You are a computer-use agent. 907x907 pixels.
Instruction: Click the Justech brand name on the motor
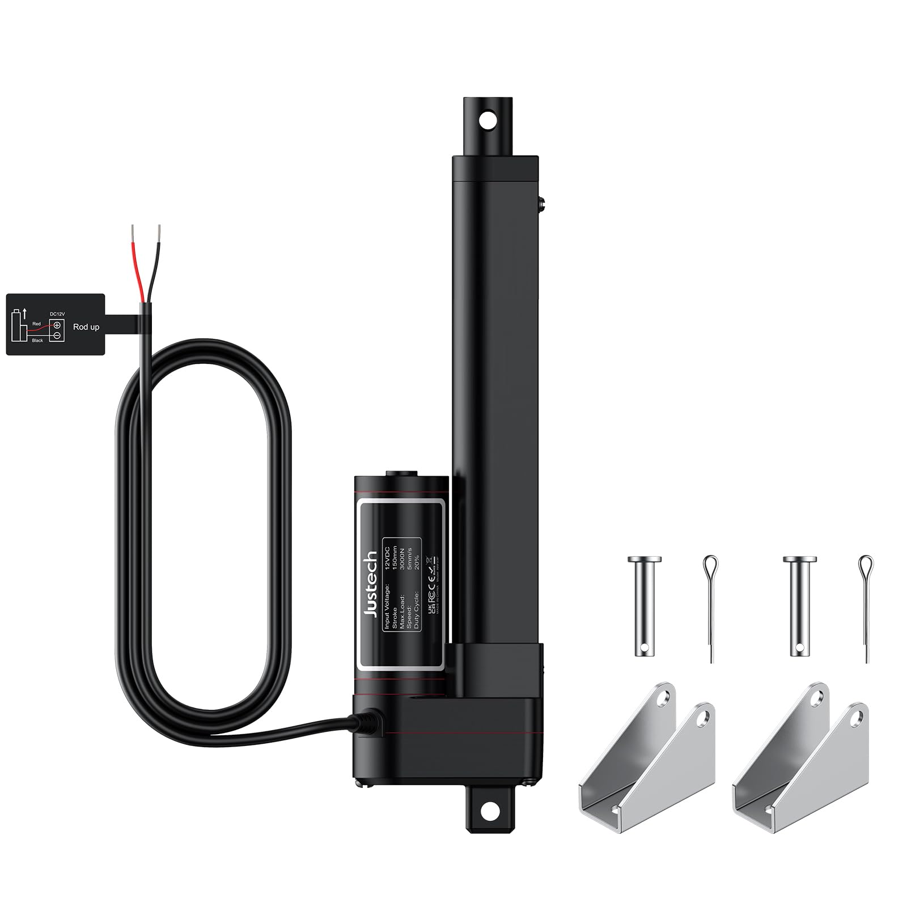click(x=372, y=584)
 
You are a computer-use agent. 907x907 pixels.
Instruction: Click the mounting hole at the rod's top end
click(x=486, y=120)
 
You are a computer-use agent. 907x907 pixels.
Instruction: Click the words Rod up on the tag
click(x=86, y=327)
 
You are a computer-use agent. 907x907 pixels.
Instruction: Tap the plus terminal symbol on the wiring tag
click(x=57, y=325)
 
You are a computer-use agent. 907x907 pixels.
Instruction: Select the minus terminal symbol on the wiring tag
click(x=57, y=336)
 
